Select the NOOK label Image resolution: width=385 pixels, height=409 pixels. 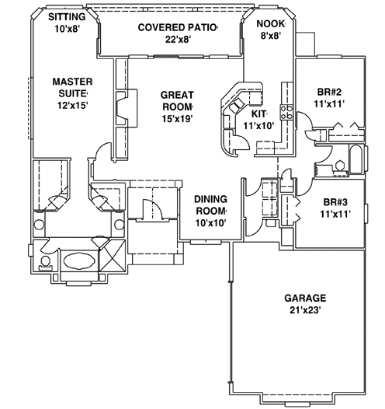coord(270,23)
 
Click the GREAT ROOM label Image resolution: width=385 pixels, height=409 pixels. coord(177,95)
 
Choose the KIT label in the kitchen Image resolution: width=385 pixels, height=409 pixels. coord(257,114)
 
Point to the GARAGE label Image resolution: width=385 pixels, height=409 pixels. coord(304,298)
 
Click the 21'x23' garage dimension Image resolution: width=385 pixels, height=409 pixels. coord(304,311)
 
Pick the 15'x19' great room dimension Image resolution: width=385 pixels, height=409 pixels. coord(177,119)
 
